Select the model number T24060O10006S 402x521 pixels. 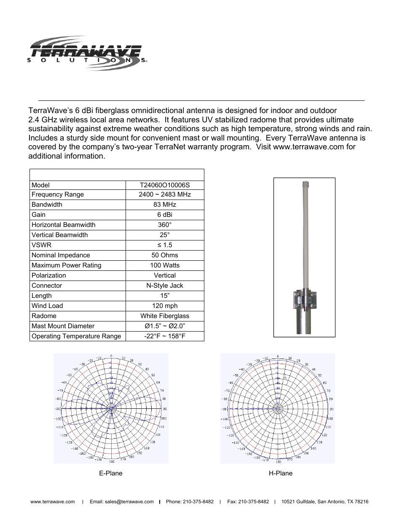coord(165,185)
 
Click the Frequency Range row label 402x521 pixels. coord(58,194)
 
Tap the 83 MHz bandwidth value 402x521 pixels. coord(165,205)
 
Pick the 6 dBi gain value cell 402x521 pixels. coord(165,215)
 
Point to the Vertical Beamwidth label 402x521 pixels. coord(60,235)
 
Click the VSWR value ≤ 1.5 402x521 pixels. coord(165,245)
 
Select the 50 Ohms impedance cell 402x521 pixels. coord(165,255)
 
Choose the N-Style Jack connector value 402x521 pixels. coord(165,286)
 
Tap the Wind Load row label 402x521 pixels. coord(47,306)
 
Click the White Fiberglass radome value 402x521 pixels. coord(165,316)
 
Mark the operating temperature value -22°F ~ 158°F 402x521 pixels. coord(165,336)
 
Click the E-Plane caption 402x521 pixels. coord(111,473)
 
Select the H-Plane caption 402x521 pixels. coord(281,473)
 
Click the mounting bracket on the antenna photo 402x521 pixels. coord(305,300)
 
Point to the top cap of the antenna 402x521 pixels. coord(306,184)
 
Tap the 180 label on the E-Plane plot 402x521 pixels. coord(112,462)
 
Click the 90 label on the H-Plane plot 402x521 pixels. coord(332,409)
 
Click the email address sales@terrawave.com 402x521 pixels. coord(122,502)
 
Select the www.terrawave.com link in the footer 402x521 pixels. coord(53,502)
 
